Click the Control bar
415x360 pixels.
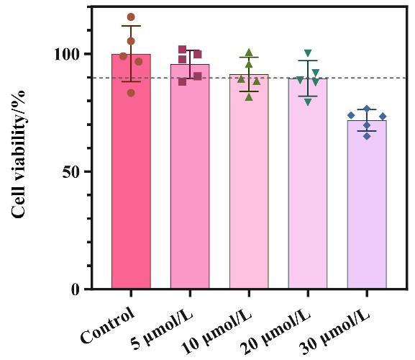[x=131, y=171]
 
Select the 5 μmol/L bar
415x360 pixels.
[x=190, y=176]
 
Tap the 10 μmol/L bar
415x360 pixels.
[x=249, y=181]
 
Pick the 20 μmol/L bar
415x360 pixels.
[x=308, y=184]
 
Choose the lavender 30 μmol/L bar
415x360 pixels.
[x=367, y=204]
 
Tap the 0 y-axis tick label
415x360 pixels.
[x=76, y=290]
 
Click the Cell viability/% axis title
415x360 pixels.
[x=19, y=153]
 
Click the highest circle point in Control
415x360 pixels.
[x=131, y=17]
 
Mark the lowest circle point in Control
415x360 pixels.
[x=131, y=93]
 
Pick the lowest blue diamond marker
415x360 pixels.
[x=367, y=136]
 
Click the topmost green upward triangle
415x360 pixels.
[x=249, y=53]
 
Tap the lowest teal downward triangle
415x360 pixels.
[x=308, y=102]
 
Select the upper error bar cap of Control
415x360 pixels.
[x=131, y=26]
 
